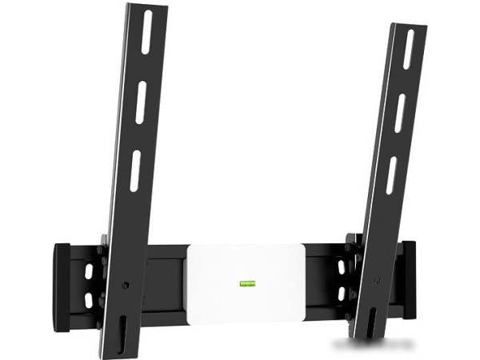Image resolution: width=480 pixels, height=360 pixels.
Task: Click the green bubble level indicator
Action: point(246,282)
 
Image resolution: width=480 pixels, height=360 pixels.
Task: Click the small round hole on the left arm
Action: point(127,284)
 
